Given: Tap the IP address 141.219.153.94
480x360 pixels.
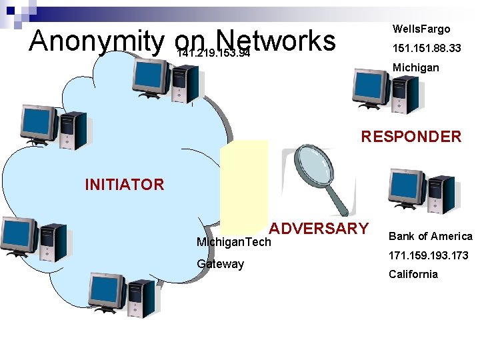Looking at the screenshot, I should (x=213, y=54).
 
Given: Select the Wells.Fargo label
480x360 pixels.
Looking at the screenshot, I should (x=421, y=29).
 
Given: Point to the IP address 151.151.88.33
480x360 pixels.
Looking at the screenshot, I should (x=427, y=49).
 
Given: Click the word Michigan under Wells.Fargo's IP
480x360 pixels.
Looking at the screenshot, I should (x=416, y=68).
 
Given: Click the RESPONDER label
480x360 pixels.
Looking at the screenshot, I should (x=411, y=137).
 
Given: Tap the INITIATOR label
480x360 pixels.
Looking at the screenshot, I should (x=125, y=185).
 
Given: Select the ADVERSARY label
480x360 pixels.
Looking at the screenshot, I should (x=319, y=229).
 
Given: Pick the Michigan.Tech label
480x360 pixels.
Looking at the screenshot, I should (x=234, y=242).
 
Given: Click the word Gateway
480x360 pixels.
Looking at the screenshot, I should (x=220, y=264).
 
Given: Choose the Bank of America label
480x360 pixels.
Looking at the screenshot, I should (x=430, y=237).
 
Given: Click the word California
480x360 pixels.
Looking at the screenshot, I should (x=413, y=274).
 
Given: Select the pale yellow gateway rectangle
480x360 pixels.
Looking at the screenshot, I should (x=244, y=180).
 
